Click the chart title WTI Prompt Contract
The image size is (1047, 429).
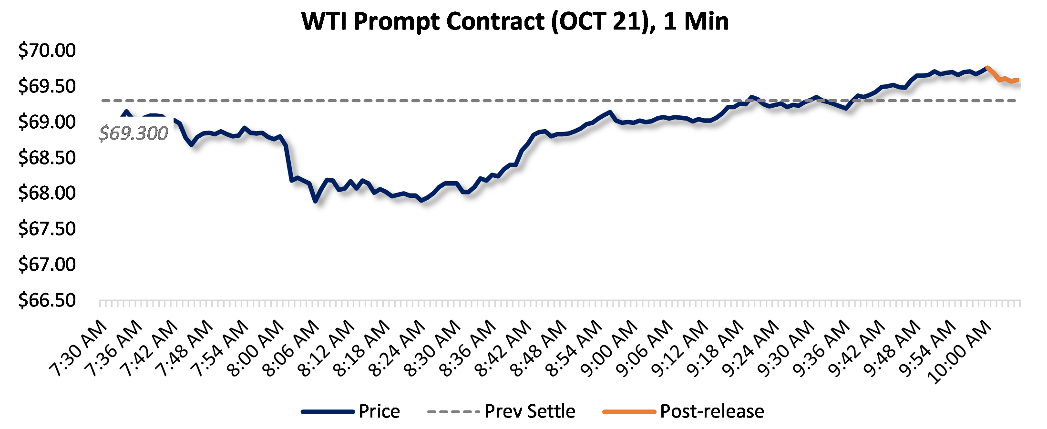tap(515, 21)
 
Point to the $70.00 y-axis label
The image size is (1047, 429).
tap(47, 51)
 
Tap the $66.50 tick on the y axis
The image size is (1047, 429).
tap(47, 300)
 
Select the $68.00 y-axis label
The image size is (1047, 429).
tap(47, 193)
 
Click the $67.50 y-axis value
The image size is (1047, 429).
tap(47, 229)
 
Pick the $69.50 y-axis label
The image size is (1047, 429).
tap(47, 86)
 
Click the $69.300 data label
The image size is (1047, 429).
tap(133, 133)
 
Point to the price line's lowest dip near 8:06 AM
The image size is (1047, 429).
tap(315, 201)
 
